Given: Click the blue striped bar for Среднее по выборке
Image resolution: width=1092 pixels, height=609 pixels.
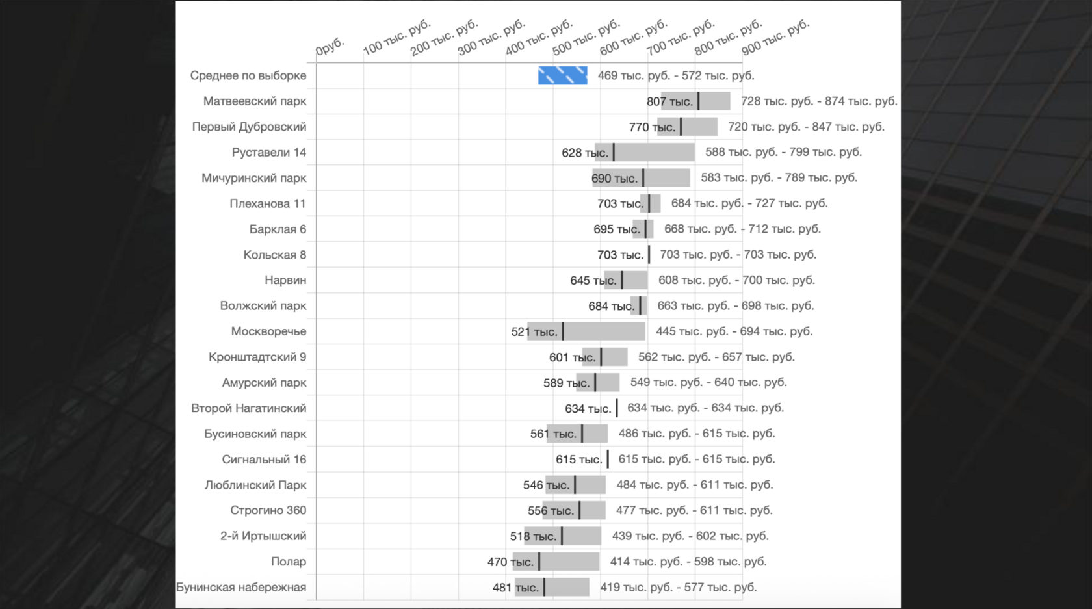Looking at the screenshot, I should point(562,75).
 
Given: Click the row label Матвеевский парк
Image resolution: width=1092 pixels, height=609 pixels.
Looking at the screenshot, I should point(254,101).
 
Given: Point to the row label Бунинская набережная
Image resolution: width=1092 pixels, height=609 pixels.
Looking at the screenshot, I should point(241,588).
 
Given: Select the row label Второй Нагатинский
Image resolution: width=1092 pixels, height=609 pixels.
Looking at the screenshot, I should point(248,408).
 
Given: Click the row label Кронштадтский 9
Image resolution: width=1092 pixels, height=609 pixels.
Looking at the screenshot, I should point(257,357).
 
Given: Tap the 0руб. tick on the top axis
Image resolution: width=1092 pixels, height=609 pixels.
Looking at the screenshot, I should point(330,47).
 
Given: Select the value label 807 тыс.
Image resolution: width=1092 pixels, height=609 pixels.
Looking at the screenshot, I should point(669,101).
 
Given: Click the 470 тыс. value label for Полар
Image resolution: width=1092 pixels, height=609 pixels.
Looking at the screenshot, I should point(510,562).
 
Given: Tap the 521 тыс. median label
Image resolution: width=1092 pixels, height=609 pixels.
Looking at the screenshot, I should point(534,332).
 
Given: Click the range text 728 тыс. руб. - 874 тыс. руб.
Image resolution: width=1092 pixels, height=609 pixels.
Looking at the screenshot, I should point(819,101).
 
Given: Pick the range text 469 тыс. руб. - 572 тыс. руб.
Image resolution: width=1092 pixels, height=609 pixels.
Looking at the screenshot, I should point(676,75).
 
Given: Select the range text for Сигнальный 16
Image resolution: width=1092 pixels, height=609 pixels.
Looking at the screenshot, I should point(697,460).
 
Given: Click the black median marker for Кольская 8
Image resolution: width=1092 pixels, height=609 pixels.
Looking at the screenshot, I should point(649,255).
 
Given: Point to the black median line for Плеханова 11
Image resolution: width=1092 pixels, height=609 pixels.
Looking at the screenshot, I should point(649,203).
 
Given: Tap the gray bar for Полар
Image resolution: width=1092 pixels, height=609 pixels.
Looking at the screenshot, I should point(569,562).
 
